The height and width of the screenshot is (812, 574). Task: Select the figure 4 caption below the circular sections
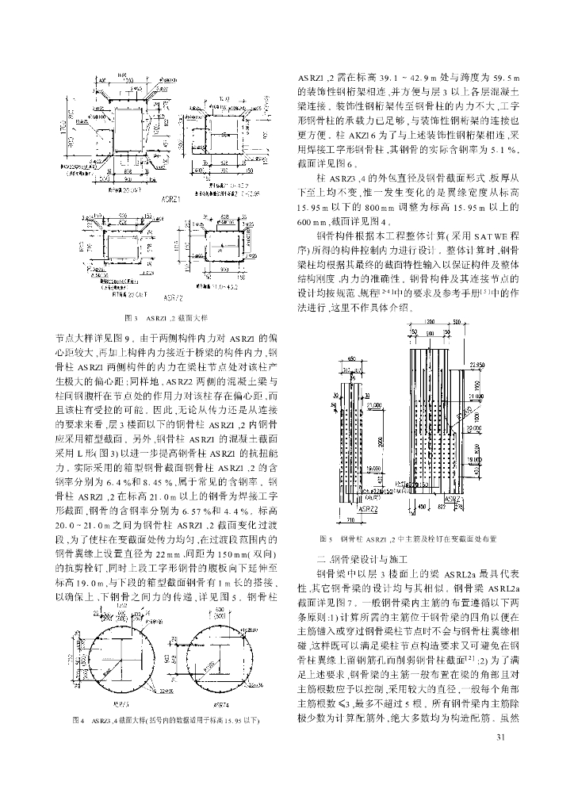[171, 720]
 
